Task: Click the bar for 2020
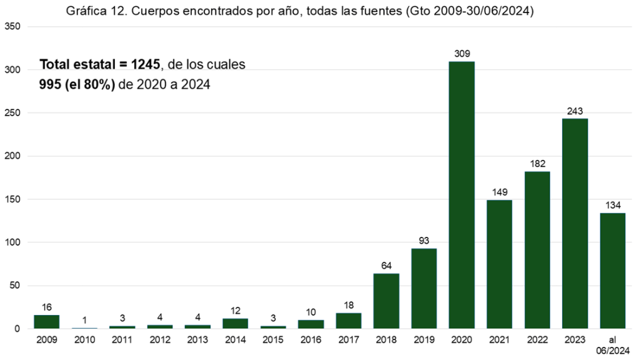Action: pos(462,195)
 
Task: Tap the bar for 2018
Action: pos(386,301)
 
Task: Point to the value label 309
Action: pos(462,54)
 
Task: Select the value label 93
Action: pos(424,241)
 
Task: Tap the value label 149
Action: pos(500,192)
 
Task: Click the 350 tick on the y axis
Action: pos(12,27)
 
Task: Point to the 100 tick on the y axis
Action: pos(12,242)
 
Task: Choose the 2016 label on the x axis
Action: pos(310,341)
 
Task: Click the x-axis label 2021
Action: pos(500,341)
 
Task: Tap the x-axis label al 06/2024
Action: pos(612,346)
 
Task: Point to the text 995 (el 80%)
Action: pos(77,84)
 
